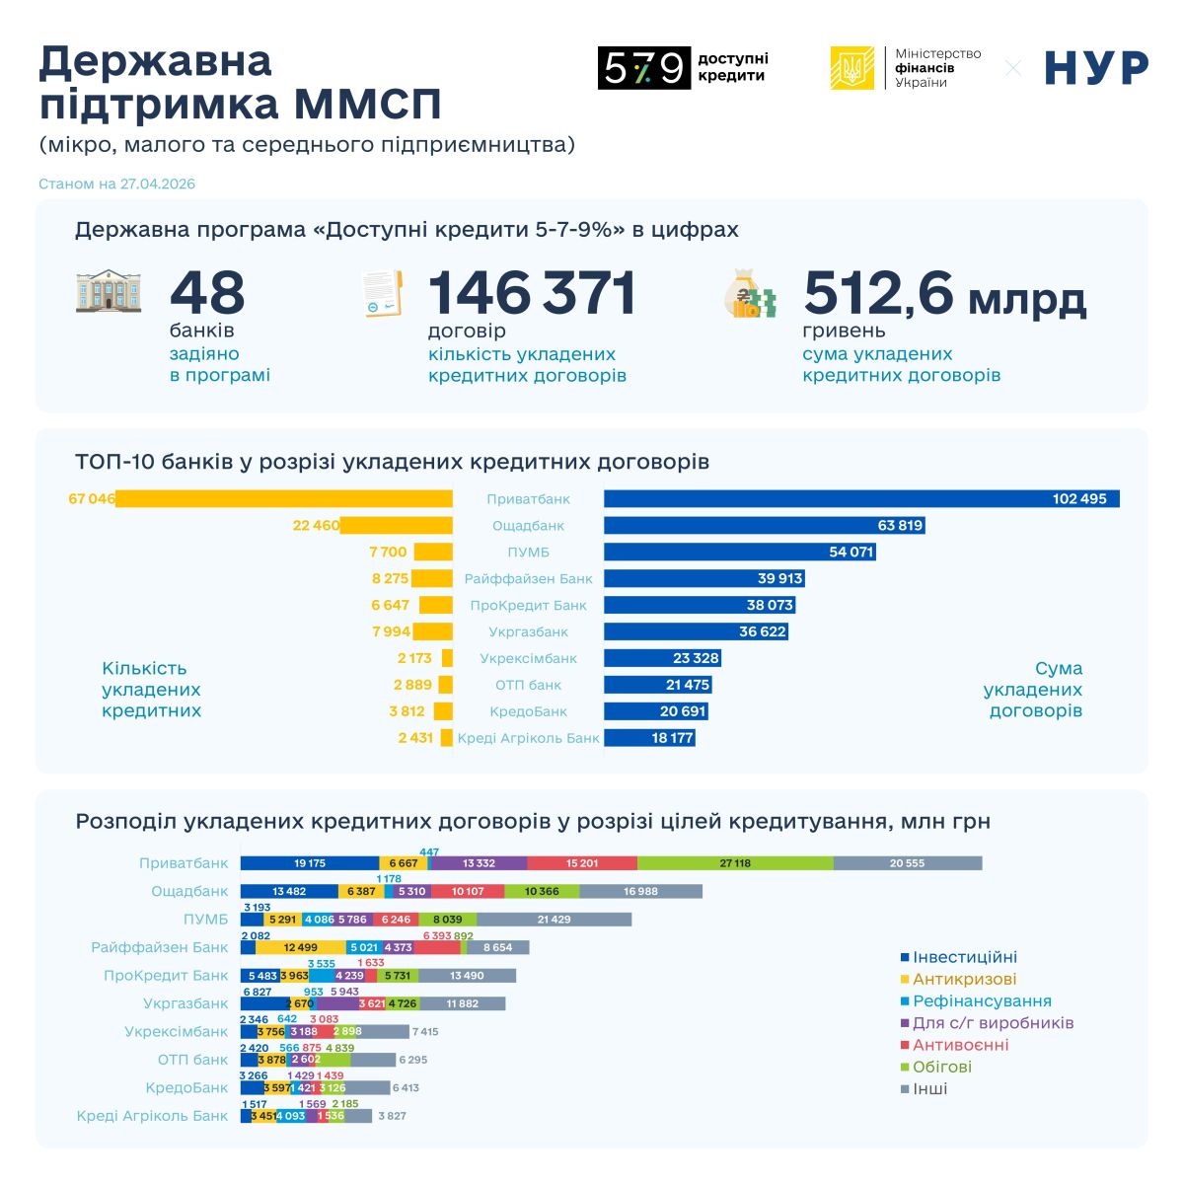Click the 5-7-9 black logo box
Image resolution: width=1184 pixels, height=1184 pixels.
(643, 68)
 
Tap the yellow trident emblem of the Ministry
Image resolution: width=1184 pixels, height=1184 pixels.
(851, 68)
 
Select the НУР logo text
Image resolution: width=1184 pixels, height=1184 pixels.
(1096, 68)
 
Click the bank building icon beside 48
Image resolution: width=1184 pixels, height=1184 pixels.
(109, 293)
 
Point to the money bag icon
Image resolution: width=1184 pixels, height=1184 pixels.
(750, 293)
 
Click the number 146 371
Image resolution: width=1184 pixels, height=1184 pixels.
(532, 293)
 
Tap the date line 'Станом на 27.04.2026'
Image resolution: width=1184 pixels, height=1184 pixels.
(117, 185)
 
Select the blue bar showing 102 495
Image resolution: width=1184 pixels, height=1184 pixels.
(861, 499)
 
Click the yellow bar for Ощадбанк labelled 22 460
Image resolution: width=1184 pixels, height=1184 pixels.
(396, 526)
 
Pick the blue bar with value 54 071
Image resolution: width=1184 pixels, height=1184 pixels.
(739, 553)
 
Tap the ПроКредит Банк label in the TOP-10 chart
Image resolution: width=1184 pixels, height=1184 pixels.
(528, 606)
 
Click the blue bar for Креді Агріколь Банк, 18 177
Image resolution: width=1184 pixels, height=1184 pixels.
(649, 738)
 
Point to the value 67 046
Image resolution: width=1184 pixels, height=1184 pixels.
(92, 499)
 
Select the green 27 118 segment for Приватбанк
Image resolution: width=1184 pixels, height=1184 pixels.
(735, 863)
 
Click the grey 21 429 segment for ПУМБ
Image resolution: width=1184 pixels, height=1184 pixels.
(554, 920)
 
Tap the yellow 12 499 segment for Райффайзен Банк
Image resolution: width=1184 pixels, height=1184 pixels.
(300, 947)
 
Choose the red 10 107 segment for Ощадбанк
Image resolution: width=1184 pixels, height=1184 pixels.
(468, 892)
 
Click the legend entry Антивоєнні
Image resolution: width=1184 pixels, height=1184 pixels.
(960, 1045)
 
